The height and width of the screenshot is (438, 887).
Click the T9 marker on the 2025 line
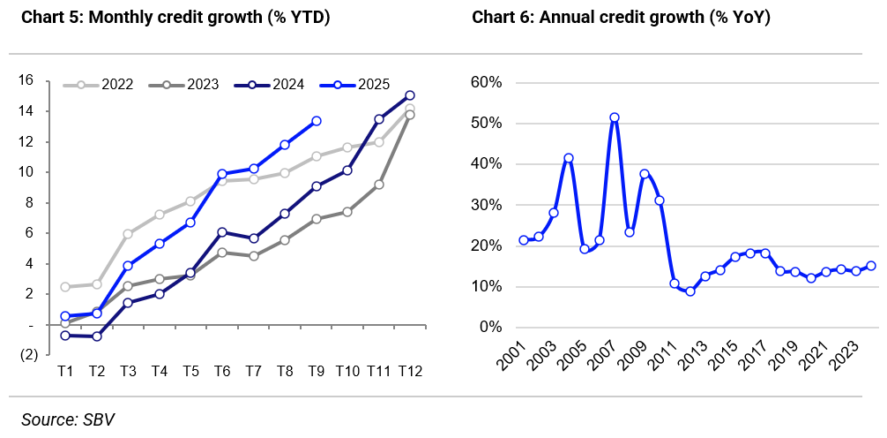coord(316,121)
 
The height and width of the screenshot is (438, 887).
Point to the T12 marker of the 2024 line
coord(410,95)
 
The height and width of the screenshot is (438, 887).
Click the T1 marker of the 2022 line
coord(65,287)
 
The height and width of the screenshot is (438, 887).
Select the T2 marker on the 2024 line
coord(97,336)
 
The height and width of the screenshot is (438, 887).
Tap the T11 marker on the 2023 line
coord(379,185)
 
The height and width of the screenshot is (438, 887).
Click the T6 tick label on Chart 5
coord(221,372)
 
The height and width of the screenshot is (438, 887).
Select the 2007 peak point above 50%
coord(615,117)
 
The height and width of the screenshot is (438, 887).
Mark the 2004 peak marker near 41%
coord(569,159)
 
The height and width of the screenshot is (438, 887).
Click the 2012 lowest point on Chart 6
coord(690,291)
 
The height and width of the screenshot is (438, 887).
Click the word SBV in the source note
coord(100,420)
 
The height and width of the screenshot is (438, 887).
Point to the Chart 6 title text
coord(622,17)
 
